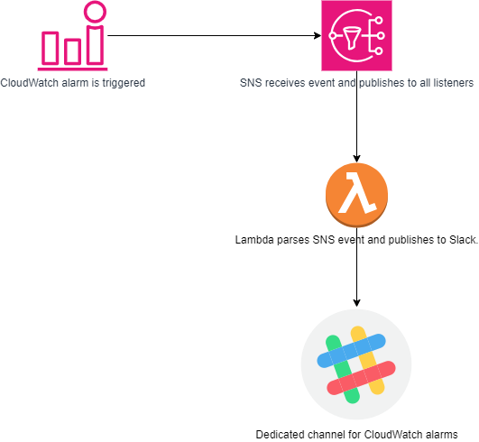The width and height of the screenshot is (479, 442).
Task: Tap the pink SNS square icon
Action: [x=356, y=36]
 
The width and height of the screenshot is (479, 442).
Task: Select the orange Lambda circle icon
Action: [x=357, y=195]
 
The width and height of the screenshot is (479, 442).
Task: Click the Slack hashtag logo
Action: [x=356, y=364]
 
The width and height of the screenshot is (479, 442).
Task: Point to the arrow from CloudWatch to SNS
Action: [x=214, y=36]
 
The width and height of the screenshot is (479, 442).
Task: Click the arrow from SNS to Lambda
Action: [x=356, y=116]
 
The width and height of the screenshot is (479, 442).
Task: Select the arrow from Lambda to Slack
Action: [x=356, y=267]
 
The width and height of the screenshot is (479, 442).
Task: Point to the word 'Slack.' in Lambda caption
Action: [x=463, y=240]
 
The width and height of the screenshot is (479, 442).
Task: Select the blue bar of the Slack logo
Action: [x=351, y=351]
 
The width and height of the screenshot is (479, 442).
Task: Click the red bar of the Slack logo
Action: [x=361, y=378]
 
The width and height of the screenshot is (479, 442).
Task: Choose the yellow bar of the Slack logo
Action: [x=367, y=361]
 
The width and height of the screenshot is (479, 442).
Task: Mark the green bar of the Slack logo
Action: [x=343, y=369]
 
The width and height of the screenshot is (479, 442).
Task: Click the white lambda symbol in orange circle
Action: [x=357, y=192]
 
